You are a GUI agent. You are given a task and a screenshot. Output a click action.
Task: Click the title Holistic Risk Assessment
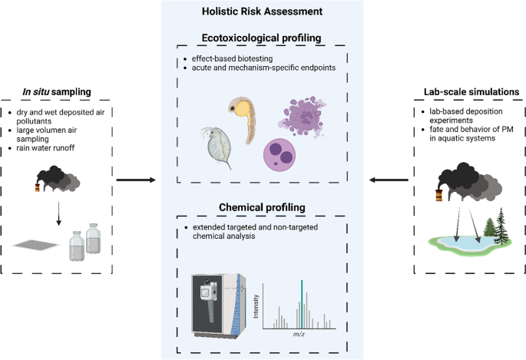coord(263,12)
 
